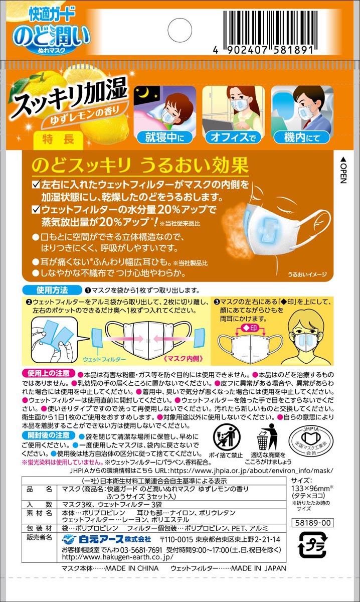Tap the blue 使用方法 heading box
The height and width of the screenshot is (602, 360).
click(52, 290)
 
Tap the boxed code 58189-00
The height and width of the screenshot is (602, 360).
click(312, 523)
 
